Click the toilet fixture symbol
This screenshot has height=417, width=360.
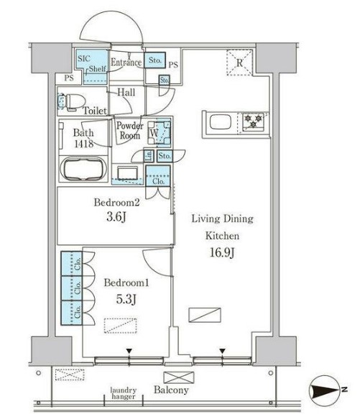pos(71,102)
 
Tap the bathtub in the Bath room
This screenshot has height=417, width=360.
pos(83,169)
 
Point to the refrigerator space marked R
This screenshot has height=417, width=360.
pos(239,63)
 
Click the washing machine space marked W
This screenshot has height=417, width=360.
pos(159,132)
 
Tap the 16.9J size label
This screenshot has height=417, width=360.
pos(222,252)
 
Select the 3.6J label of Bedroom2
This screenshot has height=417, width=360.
pos(116,217)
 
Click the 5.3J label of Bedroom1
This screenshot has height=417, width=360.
pos(126,299)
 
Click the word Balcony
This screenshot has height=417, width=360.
pos(171,390)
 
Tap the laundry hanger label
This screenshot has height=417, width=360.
pos(124,393)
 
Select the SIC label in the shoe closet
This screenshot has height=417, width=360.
pos(84,58)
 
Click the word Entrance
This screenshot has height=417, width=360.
pos(126,63)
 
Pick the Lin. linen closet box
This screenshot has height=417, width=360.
pos(149,156)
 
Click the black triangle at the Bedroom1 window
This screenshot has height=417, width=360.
pos(129,351)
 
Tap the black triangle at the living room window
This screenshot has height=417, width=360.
pos(222,351)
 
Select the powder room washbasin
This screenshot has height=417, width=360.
pos(128,173)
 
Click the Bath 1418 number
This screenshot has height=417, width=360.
pos(84,144)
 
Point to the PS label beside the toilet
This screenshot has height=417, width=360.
pos(69,78)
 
